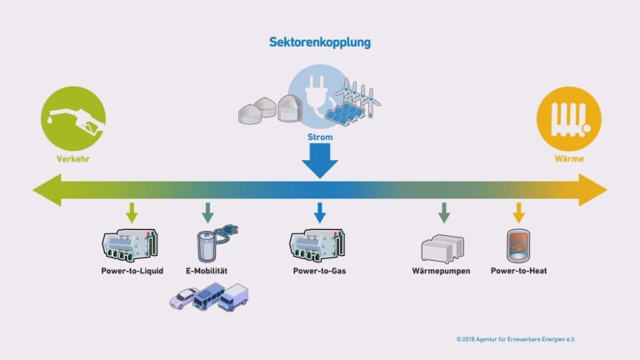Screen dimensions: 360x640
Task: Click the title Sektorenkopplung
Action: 320,41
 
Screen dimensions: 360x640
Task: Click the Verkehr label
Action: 74,157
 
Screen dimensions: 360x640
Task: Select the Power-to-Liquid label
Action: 132,271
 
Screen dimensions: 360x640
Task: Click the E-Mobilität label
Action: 205,271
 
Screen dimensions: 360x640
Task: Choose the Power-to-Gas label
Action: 320,271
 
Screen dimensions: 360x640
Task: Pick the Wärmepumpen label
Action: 442,271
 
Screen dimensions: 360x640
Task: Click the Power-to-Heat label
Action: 518,271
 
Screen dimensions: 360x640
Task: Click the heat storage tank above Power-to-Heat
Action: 518,245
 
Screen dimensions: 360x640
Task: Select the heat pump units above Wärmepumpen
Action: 442,248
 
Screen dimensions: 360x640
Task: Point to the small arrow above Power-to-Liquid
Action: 132,212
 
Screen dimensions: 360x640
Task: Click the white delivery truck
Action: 234,297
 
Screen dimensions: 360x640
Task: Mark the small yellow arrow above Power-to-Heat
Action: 519,212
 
